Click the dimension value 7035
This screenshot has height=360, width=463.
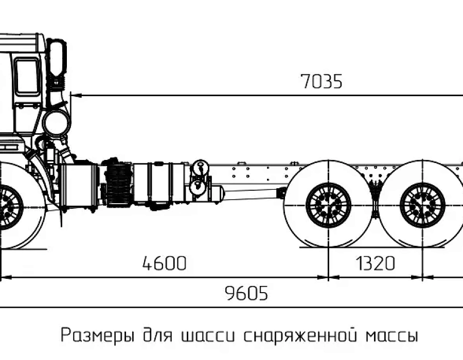[x=322, y=81]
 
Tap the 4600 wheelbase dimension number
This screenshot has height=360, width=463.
[x=164, y=263]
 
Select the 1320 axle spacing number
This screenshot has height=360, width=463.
[x=376, y=263]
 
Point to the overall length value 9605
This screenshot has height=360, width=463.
[x=246, y=293]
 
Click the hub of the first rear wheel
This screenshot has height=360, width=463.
[x=328, y=205]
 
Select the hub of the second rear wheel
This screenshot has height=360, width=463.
[x=422, y=205]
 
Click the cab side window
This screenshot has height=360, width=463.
[x=27, y=76]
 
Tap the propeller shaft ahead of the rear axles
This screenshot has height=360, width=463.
[x=251, y=192]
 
